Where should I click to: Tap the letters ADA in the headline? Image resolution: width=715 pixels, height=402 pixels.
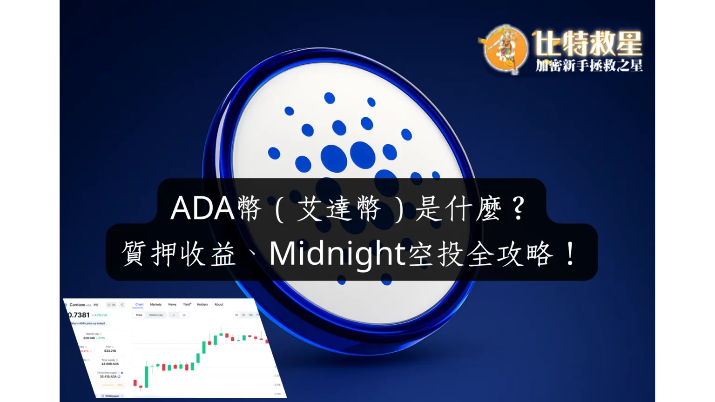202,208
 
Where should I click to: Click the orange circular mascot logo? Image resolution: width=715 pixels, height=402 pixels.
505,49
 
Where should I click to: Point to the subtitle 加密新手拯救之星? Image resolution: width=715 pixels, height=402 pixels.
589,66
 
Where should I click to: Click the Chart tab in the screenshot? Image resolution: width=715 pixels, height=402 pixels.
139,304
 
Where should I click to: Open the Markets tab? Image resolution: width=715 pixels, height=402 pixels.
155,304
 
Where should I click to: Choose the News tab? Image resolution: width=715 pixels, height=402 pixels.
172,304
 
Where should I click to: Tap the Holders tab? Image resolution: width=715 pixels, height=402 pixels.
202,304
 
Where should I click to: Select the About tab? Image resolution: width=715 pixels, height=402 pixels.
219,304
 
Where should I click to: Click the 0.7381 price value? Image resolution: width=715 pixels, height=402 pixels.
79,315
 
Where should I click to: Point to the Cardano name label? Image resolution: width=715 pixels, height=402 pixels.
77,305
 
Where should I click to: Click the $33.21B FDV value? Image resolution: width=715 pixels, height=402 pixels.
110,351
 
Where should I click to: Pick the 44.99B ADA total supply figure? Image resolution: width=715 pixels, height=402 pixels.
110,364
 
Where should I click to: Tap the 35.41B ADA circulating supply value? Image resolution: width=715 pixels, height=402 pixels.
108,376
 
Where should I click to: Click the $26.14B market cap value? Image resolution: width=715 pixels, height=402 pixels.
89,338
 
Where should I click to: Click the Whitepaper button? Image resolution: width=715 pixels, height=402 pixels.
112,396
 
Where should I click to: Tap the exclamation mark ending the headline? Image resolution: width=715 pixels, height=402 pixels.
570,255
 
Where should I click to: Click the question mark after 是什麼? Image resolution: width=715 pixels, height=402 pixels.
518,209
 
